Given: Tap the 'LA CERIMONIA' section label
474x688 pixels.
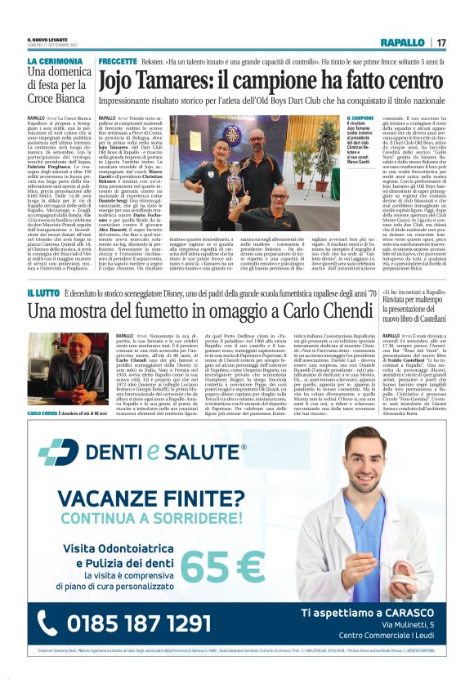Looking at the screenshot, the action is [55, 62].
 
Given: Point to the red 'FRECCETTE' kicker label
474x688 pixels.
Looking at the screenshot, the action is [119, 62].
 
